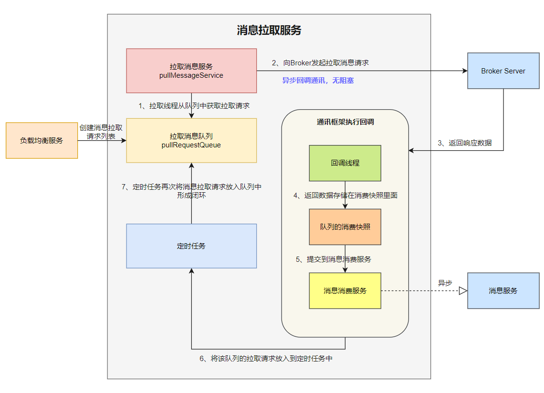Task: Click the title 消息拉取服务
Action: (x=269, y=31)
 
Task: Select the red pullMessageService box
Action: (x=191, y=71)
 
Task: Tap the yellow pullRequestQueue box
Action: (x=191, y=141)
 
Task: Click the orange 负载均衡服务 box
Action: (x=42, y=141)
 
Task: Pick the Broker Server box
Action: (x=503, y=71)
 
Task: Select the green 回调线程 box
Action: (x=345, y=163)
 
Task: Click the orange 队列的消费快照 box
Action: (x=345, y=227)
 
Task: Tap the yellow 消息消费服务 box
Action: (x=345, y=290)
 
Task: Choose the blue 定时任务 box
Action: (x=191, y=246)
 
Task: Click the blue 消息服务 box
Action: (x=503, y=290)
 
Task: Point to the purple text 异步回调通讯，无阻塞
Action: (x=318, y=81)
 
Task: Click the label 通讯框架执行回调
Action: (x=345, y=122)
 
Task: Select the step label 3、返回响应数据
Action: (x=465, y=143)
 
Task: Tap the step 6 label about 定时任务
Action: (x=265, y=359)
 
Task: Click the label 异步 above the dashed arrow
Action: (x=445, y=283)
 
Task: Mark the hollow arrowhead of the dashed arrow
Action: (x=463, y=290)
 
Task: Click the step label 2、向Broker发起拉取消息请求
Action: (x=320, y=62)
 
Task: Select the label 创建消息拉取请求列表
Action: (x=101, y=132)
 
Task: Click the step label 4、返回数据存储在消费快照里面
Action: (x=345, y=195)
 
